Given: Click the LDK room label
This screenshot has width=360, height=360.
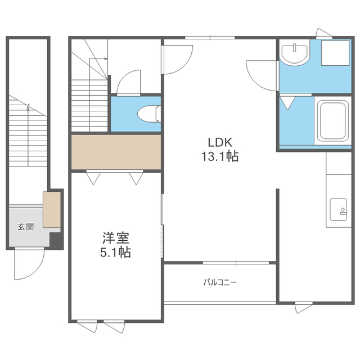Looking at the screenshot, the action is point(220,142).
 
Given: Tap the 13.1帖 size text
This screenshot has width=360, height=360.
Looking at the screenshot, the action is point(220,156).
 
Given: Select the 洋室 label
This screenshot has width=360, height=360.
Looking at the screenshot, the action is point(116,238).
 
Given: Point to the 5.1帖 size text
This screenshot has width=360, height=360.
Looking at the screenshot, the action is point(115,252).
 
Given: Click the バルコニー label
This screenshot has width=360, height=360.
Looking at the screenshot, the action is point(220,282).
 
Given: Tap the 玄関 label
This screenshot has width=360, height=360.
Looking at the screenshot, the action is point(26,227).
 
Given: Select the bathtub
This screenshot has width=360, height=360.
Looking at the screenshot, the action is point(332,120).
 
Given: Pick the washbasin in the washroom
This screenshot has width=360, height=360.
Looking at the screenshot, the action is point(294,54).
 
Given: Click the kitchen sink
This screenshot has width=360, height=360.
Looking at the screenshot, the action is point(339,209).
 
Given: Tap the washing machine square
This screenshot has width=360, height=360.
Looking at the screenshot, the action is point(335,53).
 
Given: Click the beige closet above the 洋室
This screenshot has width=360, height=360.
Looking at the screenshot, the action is point(116,152).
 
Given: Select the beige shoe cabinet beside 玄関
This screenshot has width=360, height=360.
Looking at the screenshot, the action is point(52,210).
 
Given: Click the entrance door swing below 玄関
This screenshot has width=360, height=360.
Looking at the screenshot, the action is point(29,264).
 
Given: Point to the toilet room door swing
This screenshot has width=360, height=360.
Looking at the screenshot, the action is point(128,83).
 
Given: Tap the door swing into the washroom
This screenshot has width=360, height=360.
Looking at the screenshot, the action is point(262,75).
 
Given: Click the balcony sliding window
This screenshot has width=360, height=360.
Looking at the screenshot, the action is point(236,263).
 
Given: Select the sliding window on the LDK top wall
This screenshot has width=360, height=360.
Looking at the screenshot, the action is point(210,38).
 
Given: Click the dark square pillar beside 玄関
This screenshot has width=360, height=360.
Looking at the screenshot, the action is point(56,240).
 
